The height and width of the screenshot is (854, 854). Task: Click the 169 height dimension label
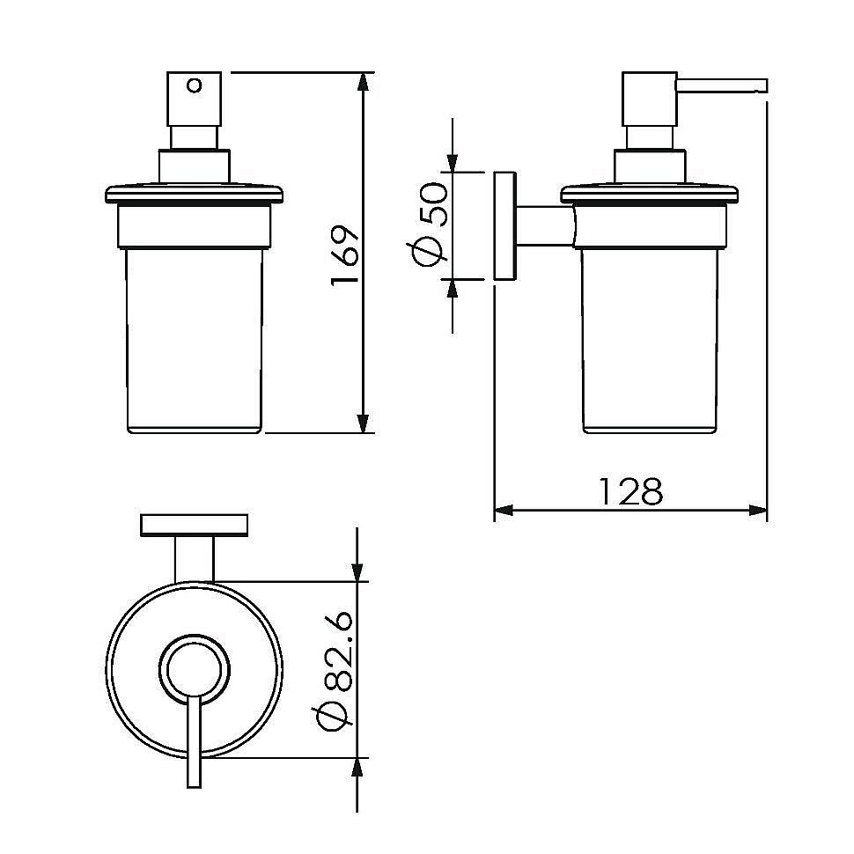pyautogui.click(x=345, y=254)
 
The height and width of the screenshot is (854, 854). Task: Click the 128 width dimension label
pyautogui.click(x=630, y=490)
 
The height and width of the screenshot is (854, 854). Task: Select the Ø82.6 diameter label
pyautogui.click(x=333, y=670)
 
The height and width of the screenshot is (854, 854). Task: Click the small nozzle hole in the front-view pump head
pyautogui.click(x=194, y=85)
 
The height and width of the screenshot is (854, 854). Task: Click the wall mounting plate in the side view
pyautogui.click(x=504, y=226)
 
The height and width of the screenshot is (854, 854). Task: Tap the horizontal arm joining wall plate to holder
pyautogui.click(x=545, y=226)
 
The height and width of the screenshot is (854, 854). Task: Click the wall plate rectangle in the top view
pyautogui.click(x=195, y=525)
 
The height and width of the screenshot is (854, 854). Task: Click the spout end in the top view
pyautogui.click(x=194, y=784)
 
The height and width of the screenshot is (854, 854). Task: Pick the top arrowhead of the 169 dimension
pyautogui.click(x=364, y=81)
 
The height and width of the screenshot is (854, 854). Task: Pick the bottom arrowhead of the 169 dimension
pyautogui.click(x=364, y=423)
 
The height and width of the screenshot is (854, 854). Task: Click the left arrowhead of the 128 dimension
pyautogui.click(x=504, y=511)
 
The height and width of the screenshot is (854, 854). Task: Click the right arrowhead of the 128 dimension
pyautogui.click(x=758, y=511)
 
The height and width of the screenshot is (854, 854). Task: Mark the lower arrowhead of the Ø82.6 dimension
pyautogui.click(x=357, y=768)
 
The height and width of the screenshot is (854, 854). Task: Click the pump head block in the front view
pyautogui.click(x=194, y=99)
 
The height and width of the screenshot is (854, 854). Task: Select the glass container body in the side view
pyautogui.click(x=650, y=341)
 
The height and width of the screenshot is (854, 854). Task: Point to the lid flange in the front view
pyautogui.click(x=194, y=195)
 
